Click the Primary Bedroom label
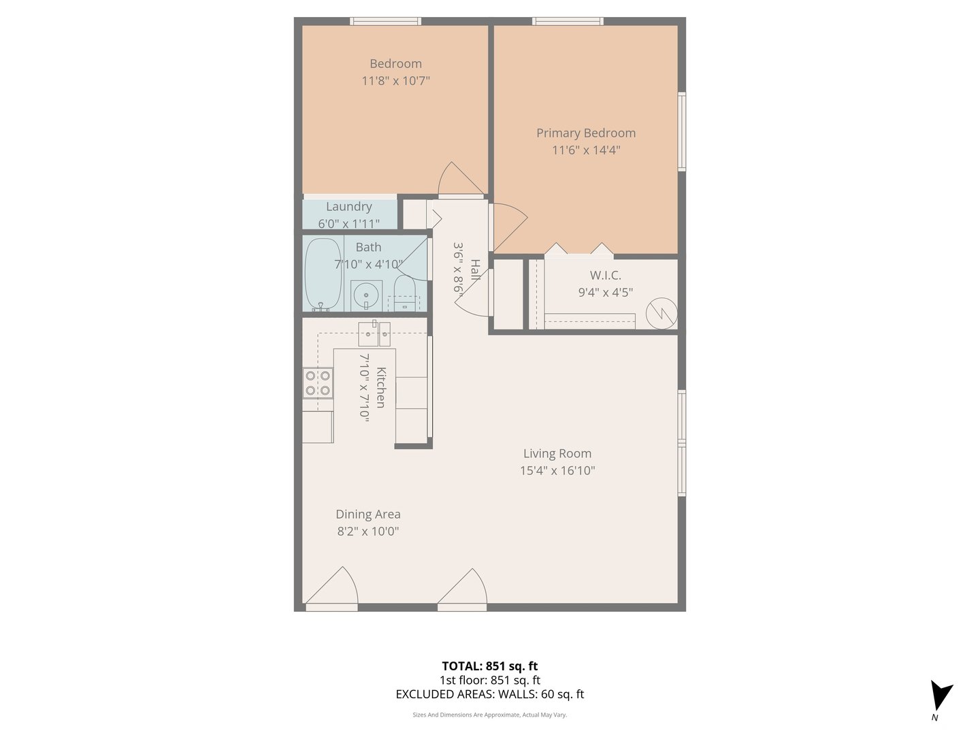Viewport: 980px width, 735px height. point(585,133)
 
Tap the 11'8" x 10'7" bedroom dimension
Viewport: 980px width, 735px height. point(395,81)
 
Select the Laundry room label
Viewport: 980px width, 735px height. point(348,206)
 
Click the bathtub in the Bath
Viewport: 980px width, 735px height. point(323,274)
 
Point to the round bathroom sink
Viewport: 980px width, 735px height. point(366,295)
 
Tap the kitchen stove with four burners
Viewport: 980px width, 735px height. point(318,382)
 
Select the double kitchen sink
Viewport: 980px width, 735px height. point(374,333)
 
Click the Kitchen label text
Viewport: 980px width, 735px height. point(381,387)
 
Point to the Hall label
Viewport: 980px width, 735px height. point(475,269)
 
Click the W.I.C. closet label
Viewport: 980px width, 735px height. point(605,275)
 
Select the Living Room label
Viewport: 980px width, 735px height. point(557,453)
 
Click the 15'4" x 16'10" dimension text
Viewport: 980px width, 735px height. point(557,470)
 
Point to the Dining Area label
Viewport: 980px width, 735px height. point(367,514)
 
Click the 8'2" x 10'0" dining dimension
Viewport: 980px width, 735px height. point(367,532)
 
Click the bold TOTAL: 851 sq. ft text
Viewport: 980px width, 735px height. point(489,666)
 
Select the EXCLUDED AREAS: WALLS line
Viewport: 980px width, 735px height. point(489,694)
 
